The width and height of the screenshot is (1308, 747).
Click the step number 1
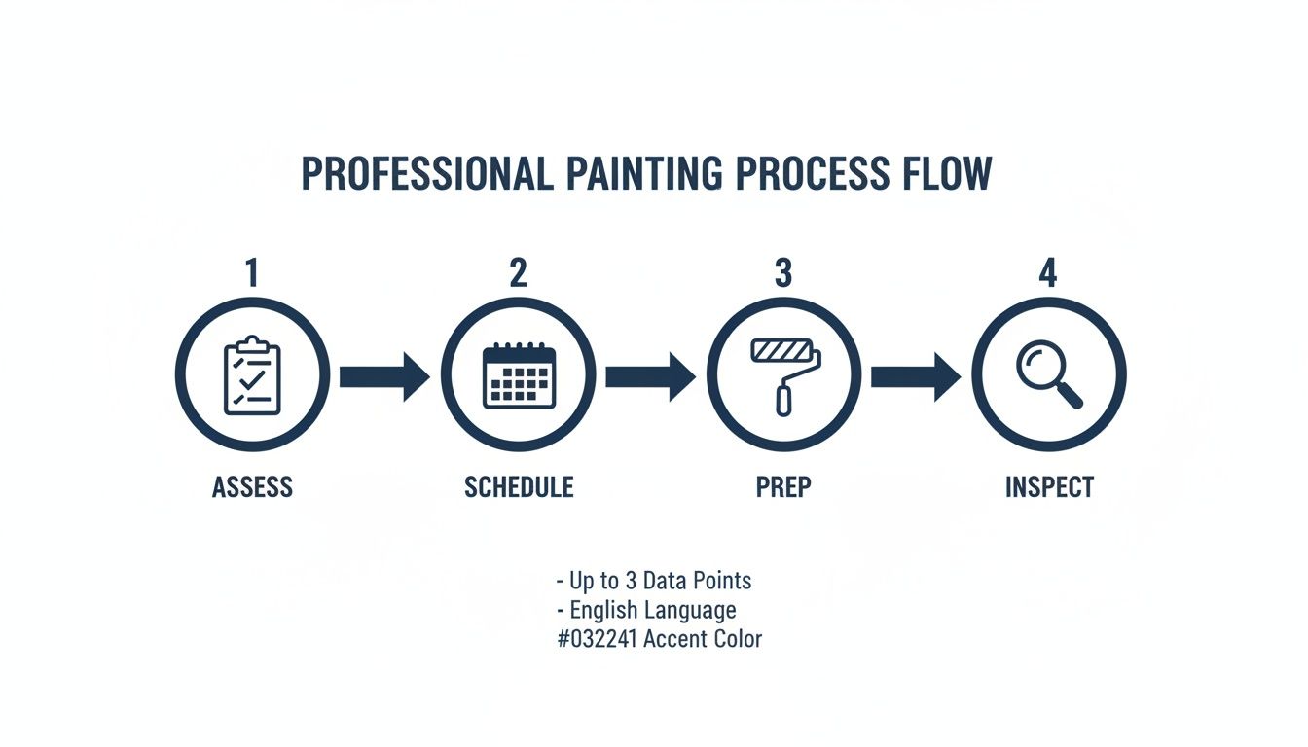(x=252, y=273)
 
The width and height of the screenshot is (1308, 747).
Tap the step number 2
(x=518, y=273)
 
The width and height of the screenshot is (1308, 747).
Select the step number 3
(x=783, y=273)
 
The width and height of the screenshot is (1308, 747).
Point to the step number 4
(x=1047, y=273)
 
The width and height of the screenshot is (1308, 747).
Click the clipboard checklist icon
(x=252, y=375)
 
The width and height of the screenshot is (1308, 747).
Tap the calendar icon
(x=518, y=375)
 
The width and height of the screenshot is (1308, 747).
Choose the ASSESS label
(x=252, y=486)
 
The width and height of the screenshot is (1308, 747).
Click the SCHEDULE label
(x=519, y=486)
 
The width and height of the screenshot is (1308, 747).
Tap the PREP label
(x=783, y=486)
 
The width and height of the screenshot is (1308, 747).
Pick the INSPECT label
(x=1049, y=486)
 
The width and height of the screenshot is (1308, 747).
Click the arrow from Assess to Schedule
(x=384, y=376)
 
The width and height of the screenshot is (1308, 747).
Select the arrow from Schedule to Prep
(x=650, y=376)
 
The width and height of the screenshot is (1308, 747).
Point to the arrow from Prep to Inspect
(x=916, y=376)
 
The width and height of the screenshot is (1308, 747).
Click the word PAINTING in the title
(x=643, y=174)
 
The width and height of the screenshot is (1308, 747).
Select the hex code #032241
(x=597, y=639)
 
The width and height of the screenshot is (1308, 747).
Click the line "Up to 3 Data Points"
(x=653, y=581)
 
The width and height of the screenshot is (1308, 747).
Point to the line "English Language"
(x=646, y=610)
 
